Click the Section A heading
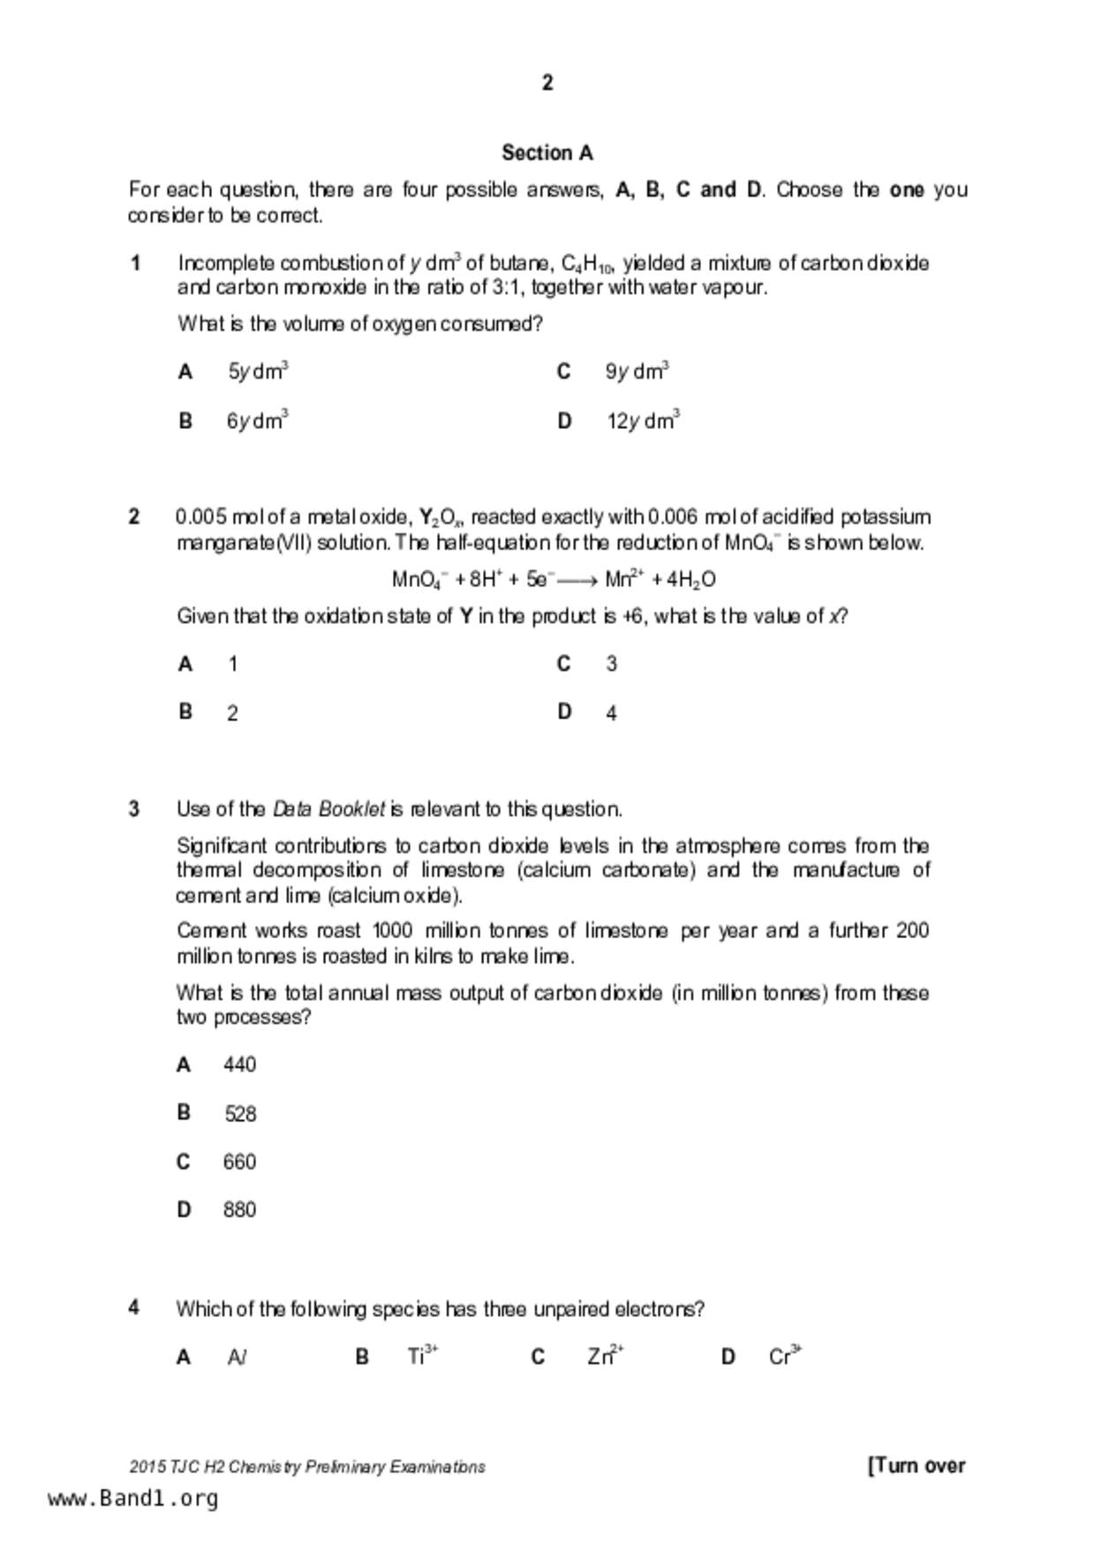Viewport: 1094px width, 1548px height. [x=547, y=153]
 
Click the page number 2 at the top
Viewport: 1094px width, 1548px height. [x=547, y=83]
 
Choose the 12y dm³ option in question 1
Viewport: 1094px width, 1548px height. [x=642, y=421]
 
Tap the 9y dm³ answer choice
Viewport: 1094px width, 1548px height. [x=637, y=372]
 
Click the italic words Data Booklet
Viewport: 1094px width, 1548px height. [x=328, y=809]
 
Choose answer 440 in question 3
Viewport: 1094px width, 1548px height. [x=239, y=1065]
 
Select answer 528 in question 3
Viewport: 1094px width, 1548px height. [x=240, y=1114]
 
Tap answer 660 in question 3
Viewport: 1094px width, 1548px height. [x=239, y=1161]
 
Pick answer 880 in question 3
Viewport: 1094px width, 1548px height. [x=239, y=1210]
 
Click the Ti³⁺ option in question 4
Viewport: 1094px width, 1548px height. [x=422, y=1356]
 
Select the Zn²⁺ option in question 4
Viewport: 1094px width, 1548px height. [x=605, y=1356]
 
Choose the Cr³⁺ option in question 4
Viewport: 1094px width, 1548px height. [x=784, y=1356]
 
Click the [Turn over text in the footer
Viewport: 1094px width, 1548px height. [x=917, y=1466]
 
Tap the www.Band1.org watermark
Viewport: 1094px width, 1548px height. [x=133, y=1499]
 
